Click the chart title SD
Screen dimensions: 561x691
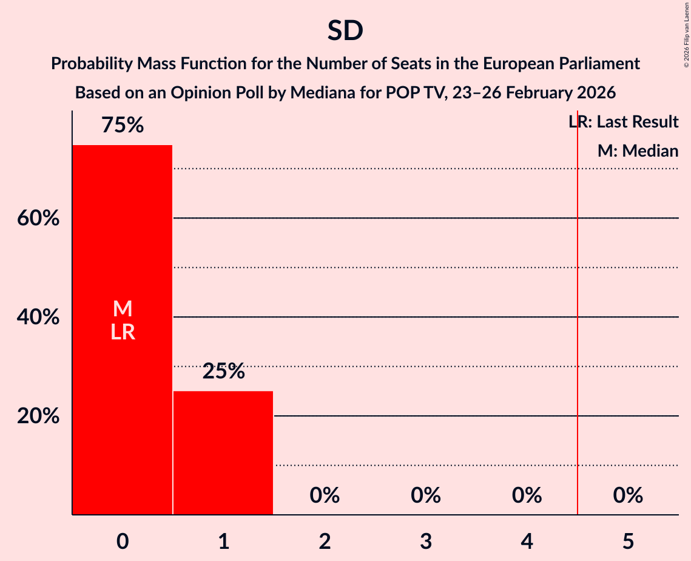coord(345,31)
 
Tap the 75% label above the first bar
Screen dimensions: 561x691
coord(123,126)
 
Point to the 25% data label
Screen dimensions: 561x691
coord(223,372)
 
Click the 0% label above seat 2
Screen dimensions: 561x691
coord(325,495)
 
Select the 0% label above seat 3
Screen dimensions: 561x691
coord(425,495)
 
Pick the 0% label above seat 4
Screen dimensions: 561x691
coord(527,495)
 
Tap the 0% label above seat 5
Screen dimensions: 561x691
coord(627,495)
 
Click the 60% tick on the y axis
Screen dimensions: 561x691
coord(38,219)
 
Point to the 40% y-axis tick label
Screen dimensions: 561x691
coord(38,318)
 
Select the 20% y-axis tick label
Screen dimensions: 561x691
coord(38,416)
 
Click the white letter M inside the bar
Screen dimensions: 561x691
coord(123,309)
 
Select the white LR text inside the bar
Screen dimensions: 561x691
coord(123,332)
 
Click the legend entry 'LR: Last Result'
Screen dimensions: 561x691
coord(624,122)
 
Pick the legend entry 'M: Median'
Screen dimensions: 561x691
coord(638,151)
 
